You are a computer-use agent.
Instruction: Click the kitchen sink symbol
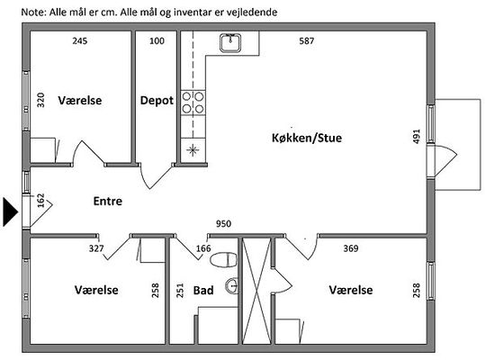[x=230, y=43]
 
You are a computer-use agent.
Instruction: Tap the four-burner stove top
[x=193, y=103]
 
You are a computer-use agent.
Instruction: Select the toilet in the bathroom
[x=224, y=259]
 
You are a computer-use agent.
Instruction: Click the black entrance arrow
[x=11, y=212]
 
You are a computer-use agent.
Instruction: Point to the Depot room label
[x=157, y=101]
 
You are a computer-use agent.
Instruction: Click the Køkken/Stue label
[x=307, y=138]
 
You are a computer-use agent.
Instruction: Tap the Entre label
[x=108, y=201]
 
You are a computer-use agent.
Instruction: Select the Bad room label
[x=203, y=290]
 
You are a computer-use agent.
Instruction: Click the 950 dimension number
[x=223, y=223]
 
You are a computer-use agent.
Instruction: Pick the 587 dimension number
[x=307, y=40]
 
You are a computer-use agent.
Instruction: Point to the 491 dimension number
[x=417, y=137]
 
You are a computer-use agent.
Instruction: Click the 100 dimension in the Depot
[x=157, y=40]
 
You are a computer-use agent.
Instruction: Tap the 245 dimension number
[x=80, y=40]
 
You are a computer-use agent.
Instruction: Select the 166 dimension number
[x=203, y=248]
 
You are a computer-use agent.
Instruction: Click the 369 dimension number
[x=351, y=248]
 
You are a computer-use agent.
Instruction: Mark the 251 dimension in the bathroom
[x=180, y=291]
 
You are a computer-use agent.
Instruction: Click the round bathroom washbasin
[x=231, y=286]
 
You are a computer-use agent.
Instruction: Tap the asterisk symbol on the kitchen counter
[x=193, y=150]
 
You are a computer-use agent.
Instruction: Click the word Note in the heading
[x=33, y=13]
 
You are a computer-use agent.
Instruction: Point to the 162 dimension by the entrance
[x=40, y=201]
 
